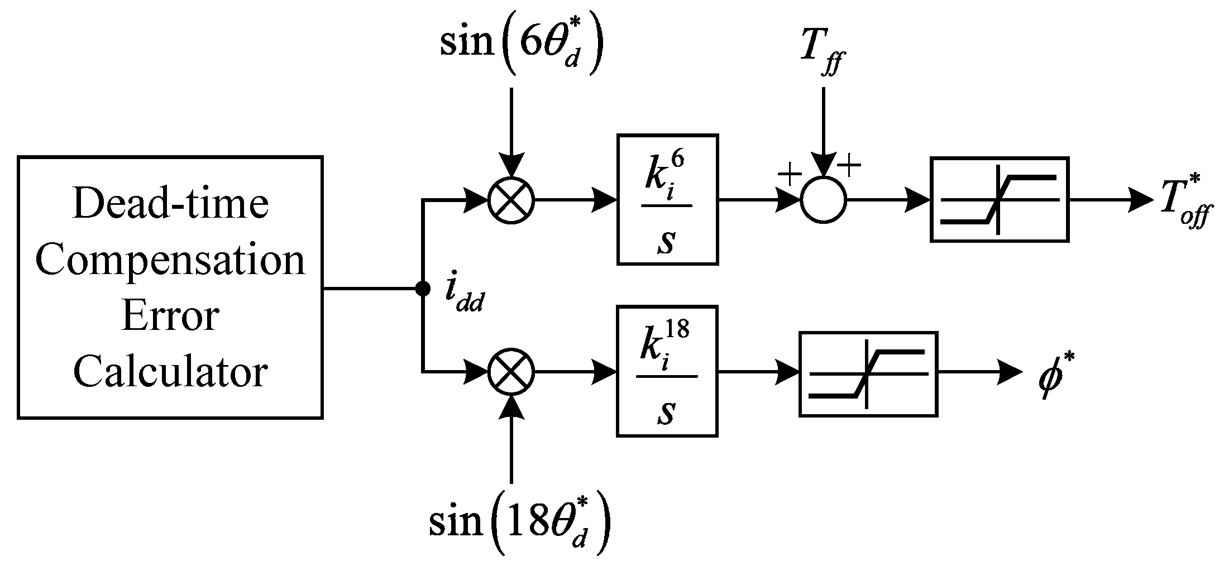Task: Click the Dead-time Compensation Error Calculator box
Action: tap(170, 287)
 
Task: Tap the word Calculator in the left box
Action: tap(171, 373)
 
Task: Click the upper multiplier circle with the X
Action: tap(511, 200)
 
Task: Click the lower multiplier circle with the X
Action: tap(511, 372)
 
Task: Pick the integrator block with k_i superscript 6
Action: tap(667, 199)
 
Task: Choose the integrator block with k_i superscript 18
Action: tap(667, 371)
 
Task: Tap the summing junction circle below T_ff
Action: tap(824, 200)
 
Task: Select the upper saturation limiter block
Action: tap(1000, 199)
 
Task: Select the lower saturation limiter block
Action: tap(868, 374)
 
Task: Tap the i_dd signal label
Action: tap(463, 296)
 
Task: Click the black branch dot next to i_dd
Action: tap(423, 289)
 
